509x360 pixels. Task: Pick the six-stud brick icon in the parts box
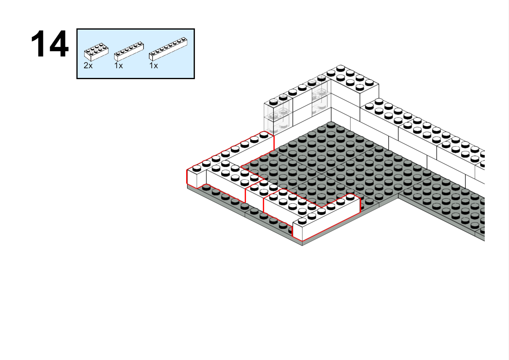(129, 51)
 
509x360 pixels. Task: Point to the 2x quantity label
(88, 66)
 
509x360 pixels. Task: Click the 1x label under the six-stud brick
(118, 66)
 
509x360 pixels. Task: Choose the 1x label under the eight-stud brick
(154, 66)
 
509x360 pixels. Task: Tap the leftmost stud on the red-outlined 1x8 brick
(197, 168)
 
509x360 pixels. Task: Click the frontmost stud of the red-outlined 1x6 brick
(302, 221)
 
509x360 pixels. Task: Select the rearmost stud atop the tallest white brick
(341, 67)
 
